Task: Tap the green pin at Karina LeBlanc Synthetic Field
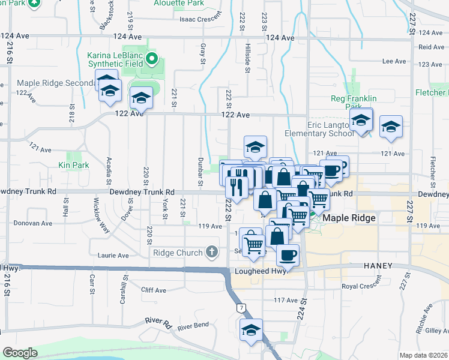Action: (x=152, y=59)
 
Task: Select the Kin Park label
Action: (x=74, y=164)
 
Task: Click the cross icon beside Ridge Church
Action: (x=211, y=253)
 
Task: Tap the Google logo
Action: (x=20, y=353)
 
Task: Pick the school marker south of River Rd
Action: (x=251, y=330)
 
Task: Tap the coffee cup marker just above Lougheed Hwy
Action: (x=288, y=254)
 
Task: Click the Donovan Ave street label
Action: (x=34, y=223)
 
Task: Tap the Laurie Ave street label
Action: (x=113, y=256)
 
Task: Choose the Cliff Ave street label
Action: (x=153, y=290)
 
